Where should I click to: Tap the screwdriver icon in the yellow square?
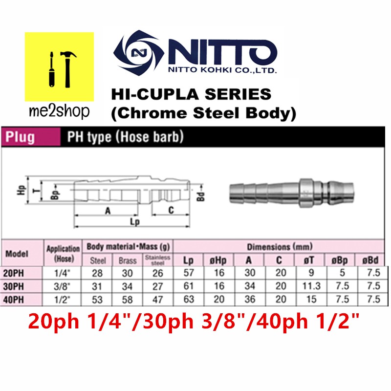[x=52, y=69]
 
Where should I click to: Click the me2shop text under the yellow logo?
[x=59, y=111]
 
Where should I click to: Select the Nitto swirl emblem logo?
[x=139, y=53]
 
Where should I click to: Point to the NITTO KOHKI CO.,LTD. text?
[x=222, y=70]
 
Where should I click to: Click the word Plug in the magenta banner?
[x=20, y=137]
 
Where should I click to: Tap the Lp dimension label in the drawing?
[x=135, y=221]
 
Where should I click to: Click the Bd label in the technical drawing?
[x=201, y=196]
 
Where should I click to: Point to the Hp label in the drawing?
[x=21, y=190]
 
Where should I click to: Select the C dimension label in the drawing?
[x=171, y=210]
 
